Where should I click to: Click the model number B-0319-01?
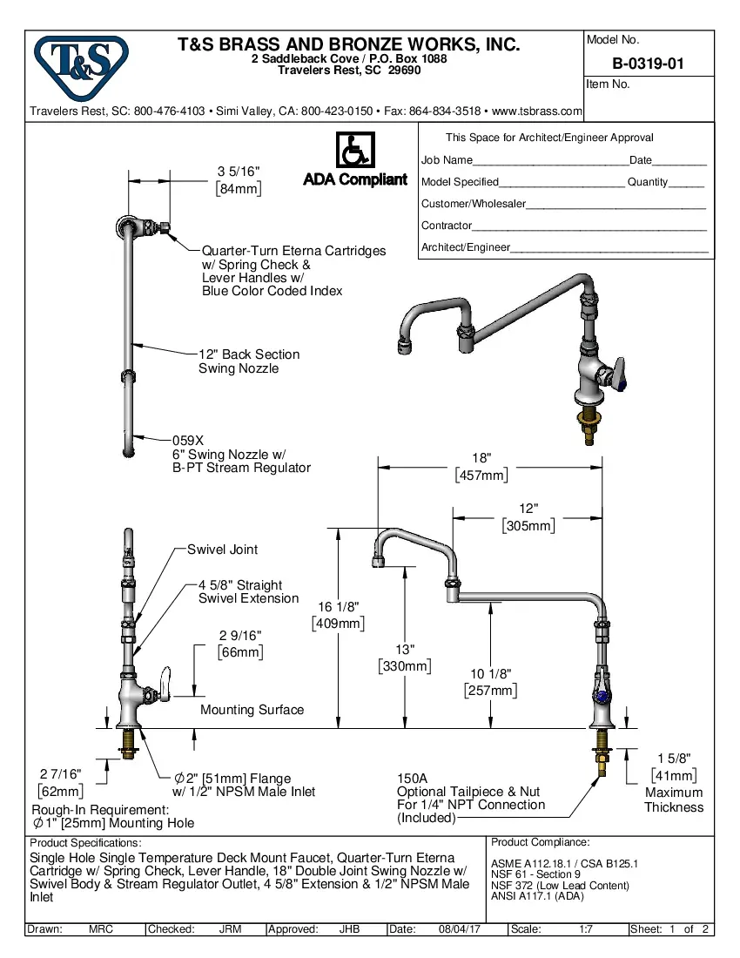649,63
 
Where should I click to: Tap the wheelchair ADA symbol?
354,150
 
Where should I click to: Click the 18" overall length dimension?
481,458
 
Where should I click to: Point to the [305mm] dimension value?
528,526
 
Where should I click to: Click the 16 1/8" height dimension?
338,606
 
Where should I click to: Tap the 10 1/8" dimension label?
490,673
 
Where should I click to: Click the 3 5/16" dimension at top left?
238,172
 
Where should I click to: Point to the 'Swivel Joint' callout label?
222,550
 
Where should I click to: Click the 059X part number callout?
187,441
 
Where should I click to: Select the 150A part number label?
413,778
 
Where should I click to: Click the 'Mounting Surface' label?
252,710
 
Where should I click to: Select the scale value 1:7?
587,929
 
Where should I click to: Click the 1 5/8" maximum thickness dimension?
673,759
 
